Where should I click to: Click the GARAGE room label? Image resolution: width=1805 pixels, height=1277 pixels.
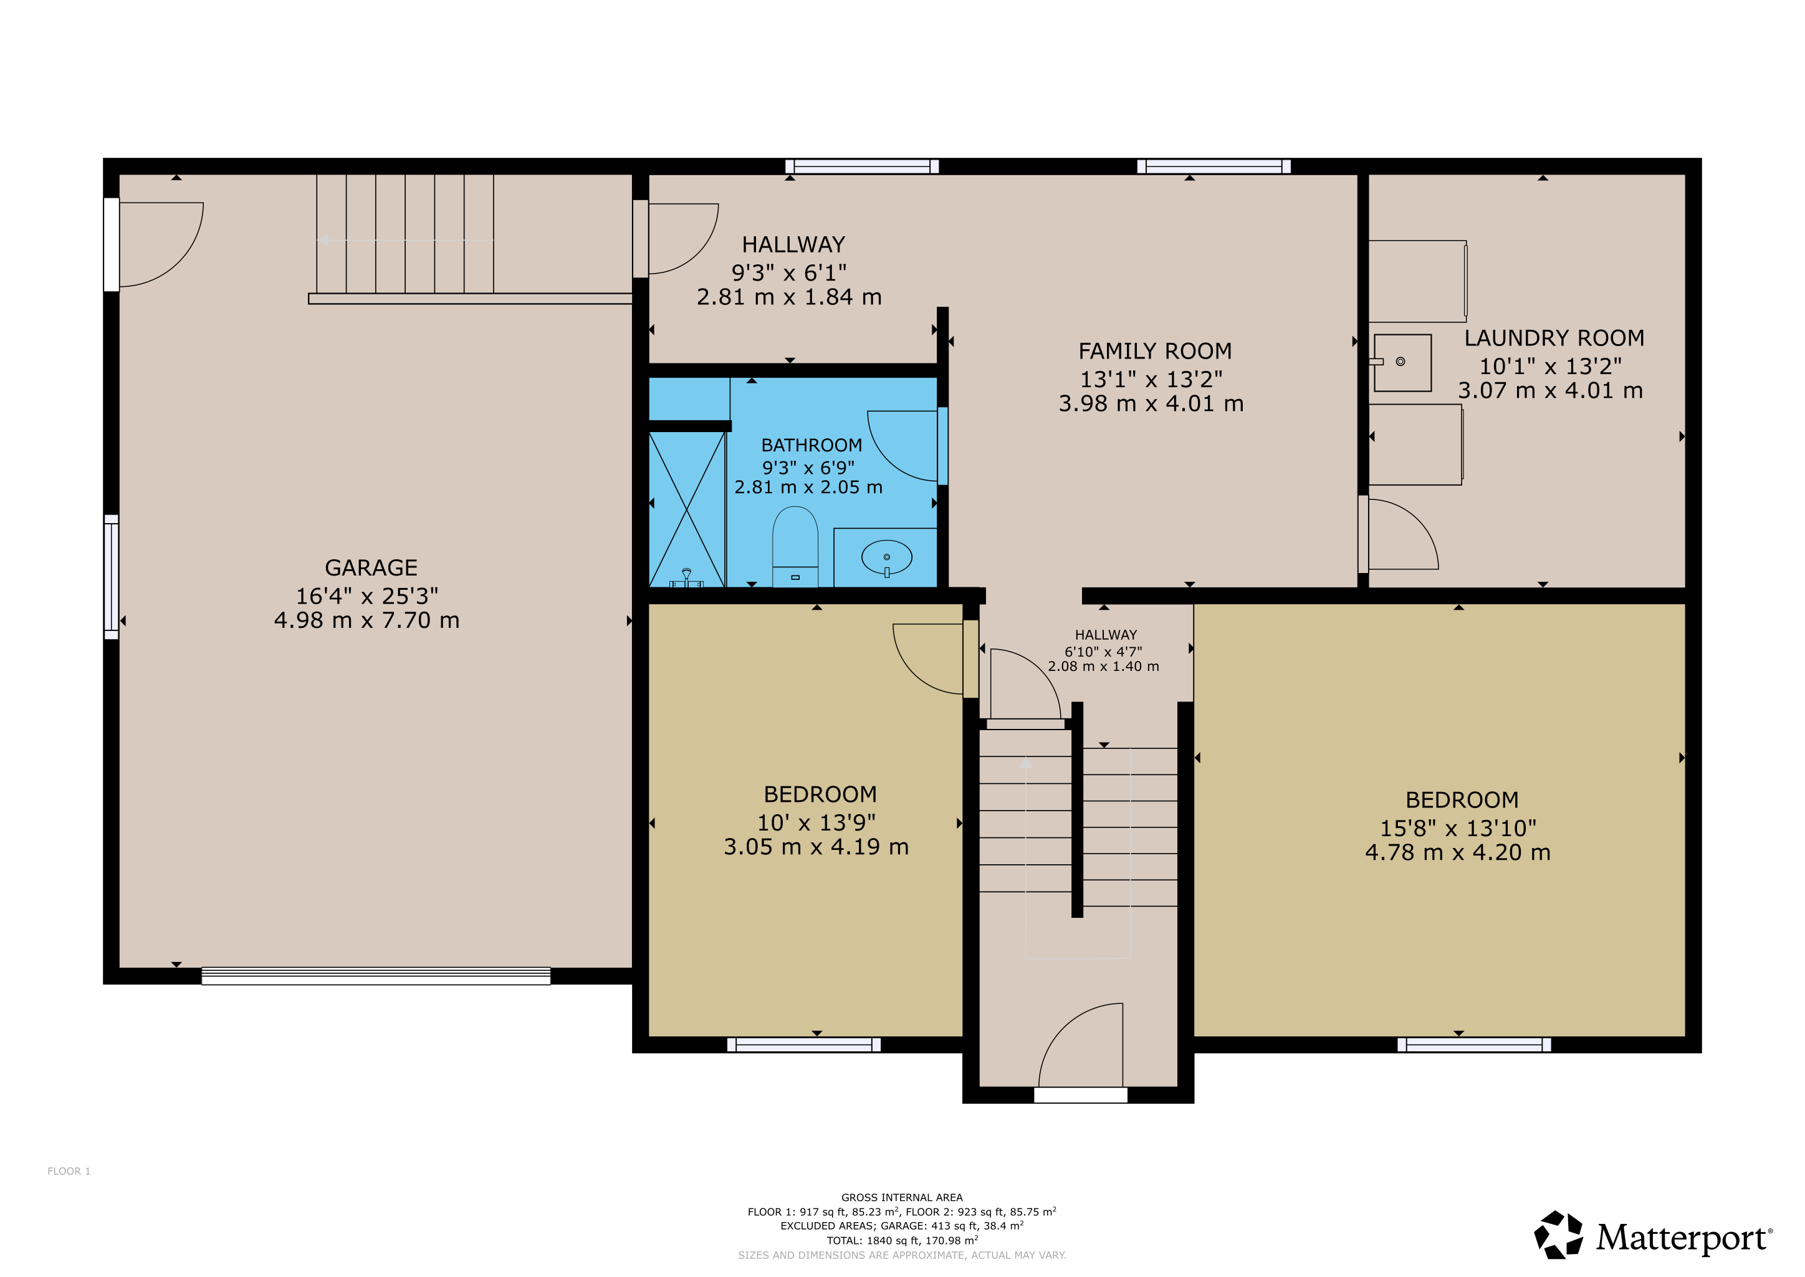(x=371, y=568)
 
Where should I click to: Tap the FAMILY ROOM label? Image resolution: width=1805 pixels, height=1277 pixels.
(x=1155, y=350)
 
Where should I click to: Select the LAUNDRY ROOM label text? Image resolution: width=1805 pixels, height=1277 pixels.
(x=1554, y=338)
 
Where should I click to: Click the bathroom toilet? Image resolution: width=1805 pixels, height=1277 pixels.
(x=795, y=546)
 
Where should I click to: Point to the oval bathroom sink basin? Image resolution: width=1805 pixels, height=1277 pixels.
(x=887, y=557)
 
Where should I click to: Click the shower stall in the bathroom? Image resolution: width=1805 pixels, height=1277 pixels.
(x=686, y=509)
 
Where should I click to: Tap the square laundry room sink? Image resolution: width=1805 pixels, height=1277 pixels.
(x=1402, y=362)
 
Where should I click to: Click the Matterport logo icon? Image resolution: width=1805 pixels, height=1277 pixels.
(x=1558, y=1235)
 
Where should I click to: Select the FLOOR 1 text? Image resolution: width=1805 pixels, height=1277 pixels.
(x=69, y=1171)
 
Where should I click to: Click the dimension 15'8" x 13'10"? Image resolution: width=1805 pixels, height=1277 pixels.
(x=1458, y=828)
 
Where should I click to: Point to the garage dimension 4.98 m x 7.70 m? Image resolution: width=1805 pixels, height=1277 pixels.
(x=366, y=620)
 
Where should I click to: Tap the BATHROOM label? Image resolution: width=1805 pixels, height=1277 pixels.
(x=812, y=445)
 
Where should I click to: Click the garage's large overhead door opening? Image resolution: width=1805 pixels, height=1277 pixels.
(x=376, y=976)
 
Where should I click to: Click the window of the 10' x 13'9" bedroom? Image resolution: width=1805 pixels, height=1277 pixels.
(x=803, y=1044)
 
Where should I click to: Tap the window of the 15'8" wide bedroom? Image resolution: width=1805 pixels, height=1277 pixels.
(x=1474, y=1044)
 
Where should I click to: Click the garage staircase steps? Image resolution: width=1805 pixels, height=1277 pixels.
(x=405, y=234)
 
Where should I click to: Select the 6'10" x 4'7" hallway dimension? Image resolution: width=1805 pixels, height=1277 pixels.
(x=1103, y=651)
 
